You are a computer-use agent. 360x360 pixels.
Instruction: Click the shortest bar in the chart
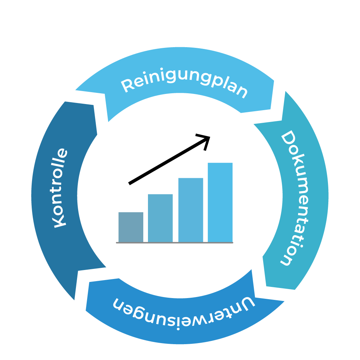[131, 227]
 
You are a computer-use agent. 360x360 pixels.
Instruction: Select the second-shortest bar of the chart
[160, 218]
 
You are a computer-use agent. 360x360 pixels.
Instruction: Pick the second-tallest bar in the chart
[190, 210]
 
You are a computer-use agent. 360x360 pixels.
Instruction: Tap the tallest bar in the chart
[220, 202]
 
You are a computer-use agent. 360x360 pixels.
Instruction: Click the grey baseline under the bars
[175, 243]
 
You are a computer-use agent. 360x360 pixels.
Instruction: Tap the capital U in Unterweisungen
[247, 303]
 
